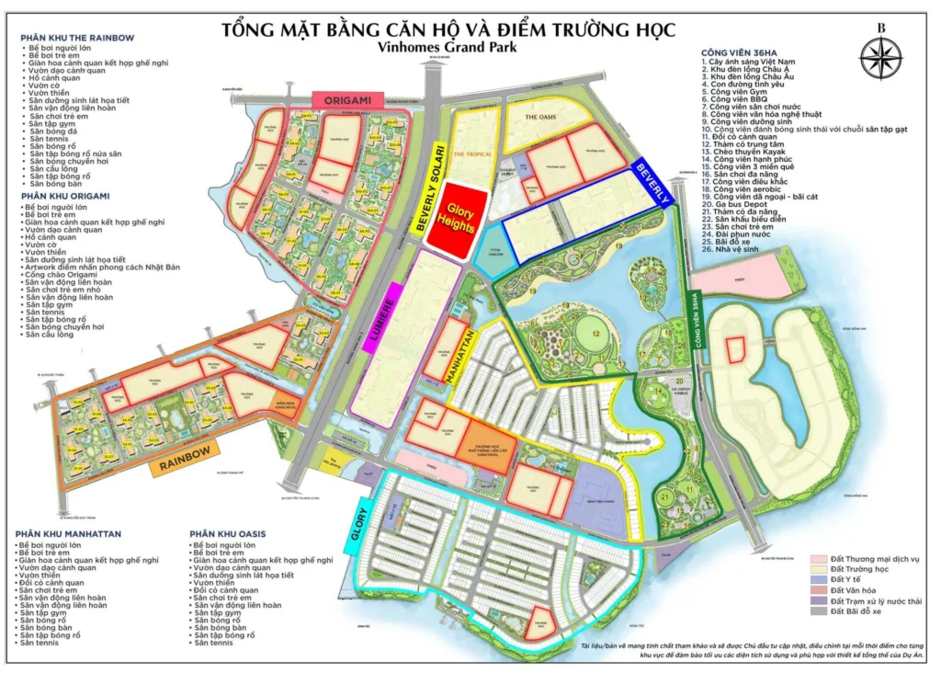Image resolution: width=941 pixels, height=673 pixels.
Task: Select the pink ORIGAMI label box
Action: (342, 99)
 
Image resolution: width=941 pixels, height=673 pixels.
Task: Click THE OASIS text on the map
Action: (541, 118)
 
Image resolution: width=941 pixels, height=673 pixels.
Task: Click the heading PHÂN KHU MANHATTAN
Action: (69, 534)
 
